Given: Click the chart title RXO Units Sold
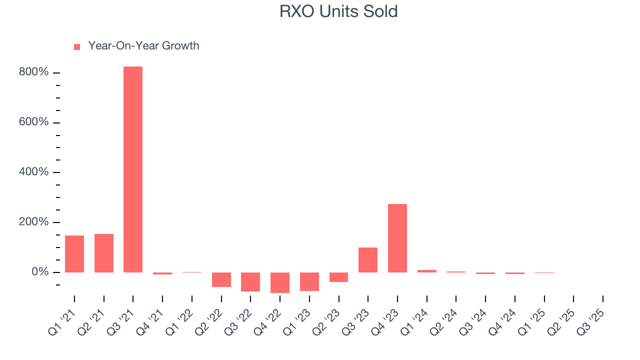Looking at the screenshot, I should click(338, 11).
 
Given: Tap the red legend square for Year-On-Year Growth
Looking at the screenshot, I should click(77, 46).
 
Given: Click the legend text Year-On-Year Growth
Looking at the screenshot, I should click(143, 46).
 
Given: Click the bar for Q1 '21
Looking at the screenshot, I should click(74, 254).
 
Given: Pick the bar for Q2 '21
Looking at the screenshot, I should click(104, 253).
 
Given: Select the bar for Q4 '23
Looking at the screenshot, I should click(397, 238).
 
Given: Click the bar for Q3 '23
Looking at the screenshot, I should click(368, 260).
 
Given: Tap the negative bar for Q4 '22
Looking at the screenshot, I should click(280, 282).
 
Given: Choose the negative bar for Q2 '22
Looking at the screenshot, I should click(221, 279).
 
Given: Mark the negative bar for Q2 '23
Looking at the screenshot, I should click(338, 277).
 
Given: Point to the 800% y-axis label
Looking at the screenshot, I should click(34, 72).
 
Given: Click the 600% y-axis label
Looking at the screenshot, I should click(34, 122).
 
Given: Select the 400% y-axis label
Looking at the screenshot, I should click(34, 172).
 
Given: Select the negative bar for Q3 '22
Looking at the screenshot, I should click(250, 282).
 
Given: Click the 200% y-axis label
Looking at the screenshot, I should click(34, 222).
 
